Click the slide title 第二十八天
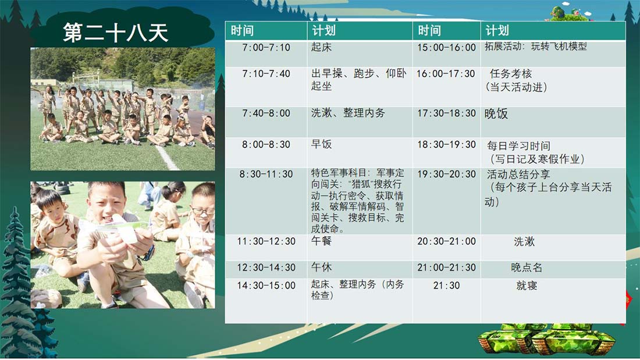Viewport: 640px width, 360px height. tap(116, 33)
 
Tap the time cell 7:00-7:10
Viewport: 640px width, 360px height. tap(266, 47)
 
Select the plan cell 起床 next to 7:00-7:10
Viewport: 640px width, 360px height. tap(321, 47)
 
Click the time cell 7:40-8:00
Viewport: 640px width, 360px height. tap(266, 113)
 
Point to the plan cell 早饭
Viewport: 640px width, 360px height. tap(321, 144)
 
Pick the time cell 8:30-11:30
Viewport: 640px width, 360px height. tap(266, 174)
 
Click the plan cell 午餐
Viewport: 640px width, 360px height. tap(321, 241)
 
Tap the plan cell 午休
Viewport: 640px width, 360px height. tap(321, 268)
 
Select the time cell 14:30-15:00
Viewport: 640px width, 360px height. tap(266, 286)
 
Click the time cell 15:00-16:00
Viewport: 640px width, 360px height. tap(446, 47)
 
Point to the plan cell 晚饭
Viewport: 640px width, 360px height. tap(496, 113)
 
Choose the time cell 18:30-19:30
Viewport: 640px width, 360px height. tap(446, 144)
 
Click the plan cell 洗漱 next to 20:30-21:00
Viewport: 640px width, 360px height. tap(524, 241)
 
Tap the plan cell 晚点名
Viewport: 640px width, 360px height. tap(527, 268)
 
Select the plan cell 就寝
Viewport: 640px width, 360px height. tap(527, 286)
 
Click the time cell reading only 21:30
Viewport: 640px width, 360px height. tap(446, 286)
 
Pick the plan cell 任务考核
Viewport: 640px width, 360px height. tap(511, 74)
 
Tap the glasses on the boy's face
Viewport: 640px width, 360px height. tap(203, 211)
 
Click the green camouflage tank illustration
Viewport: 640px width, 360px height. tap(547, 339)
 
